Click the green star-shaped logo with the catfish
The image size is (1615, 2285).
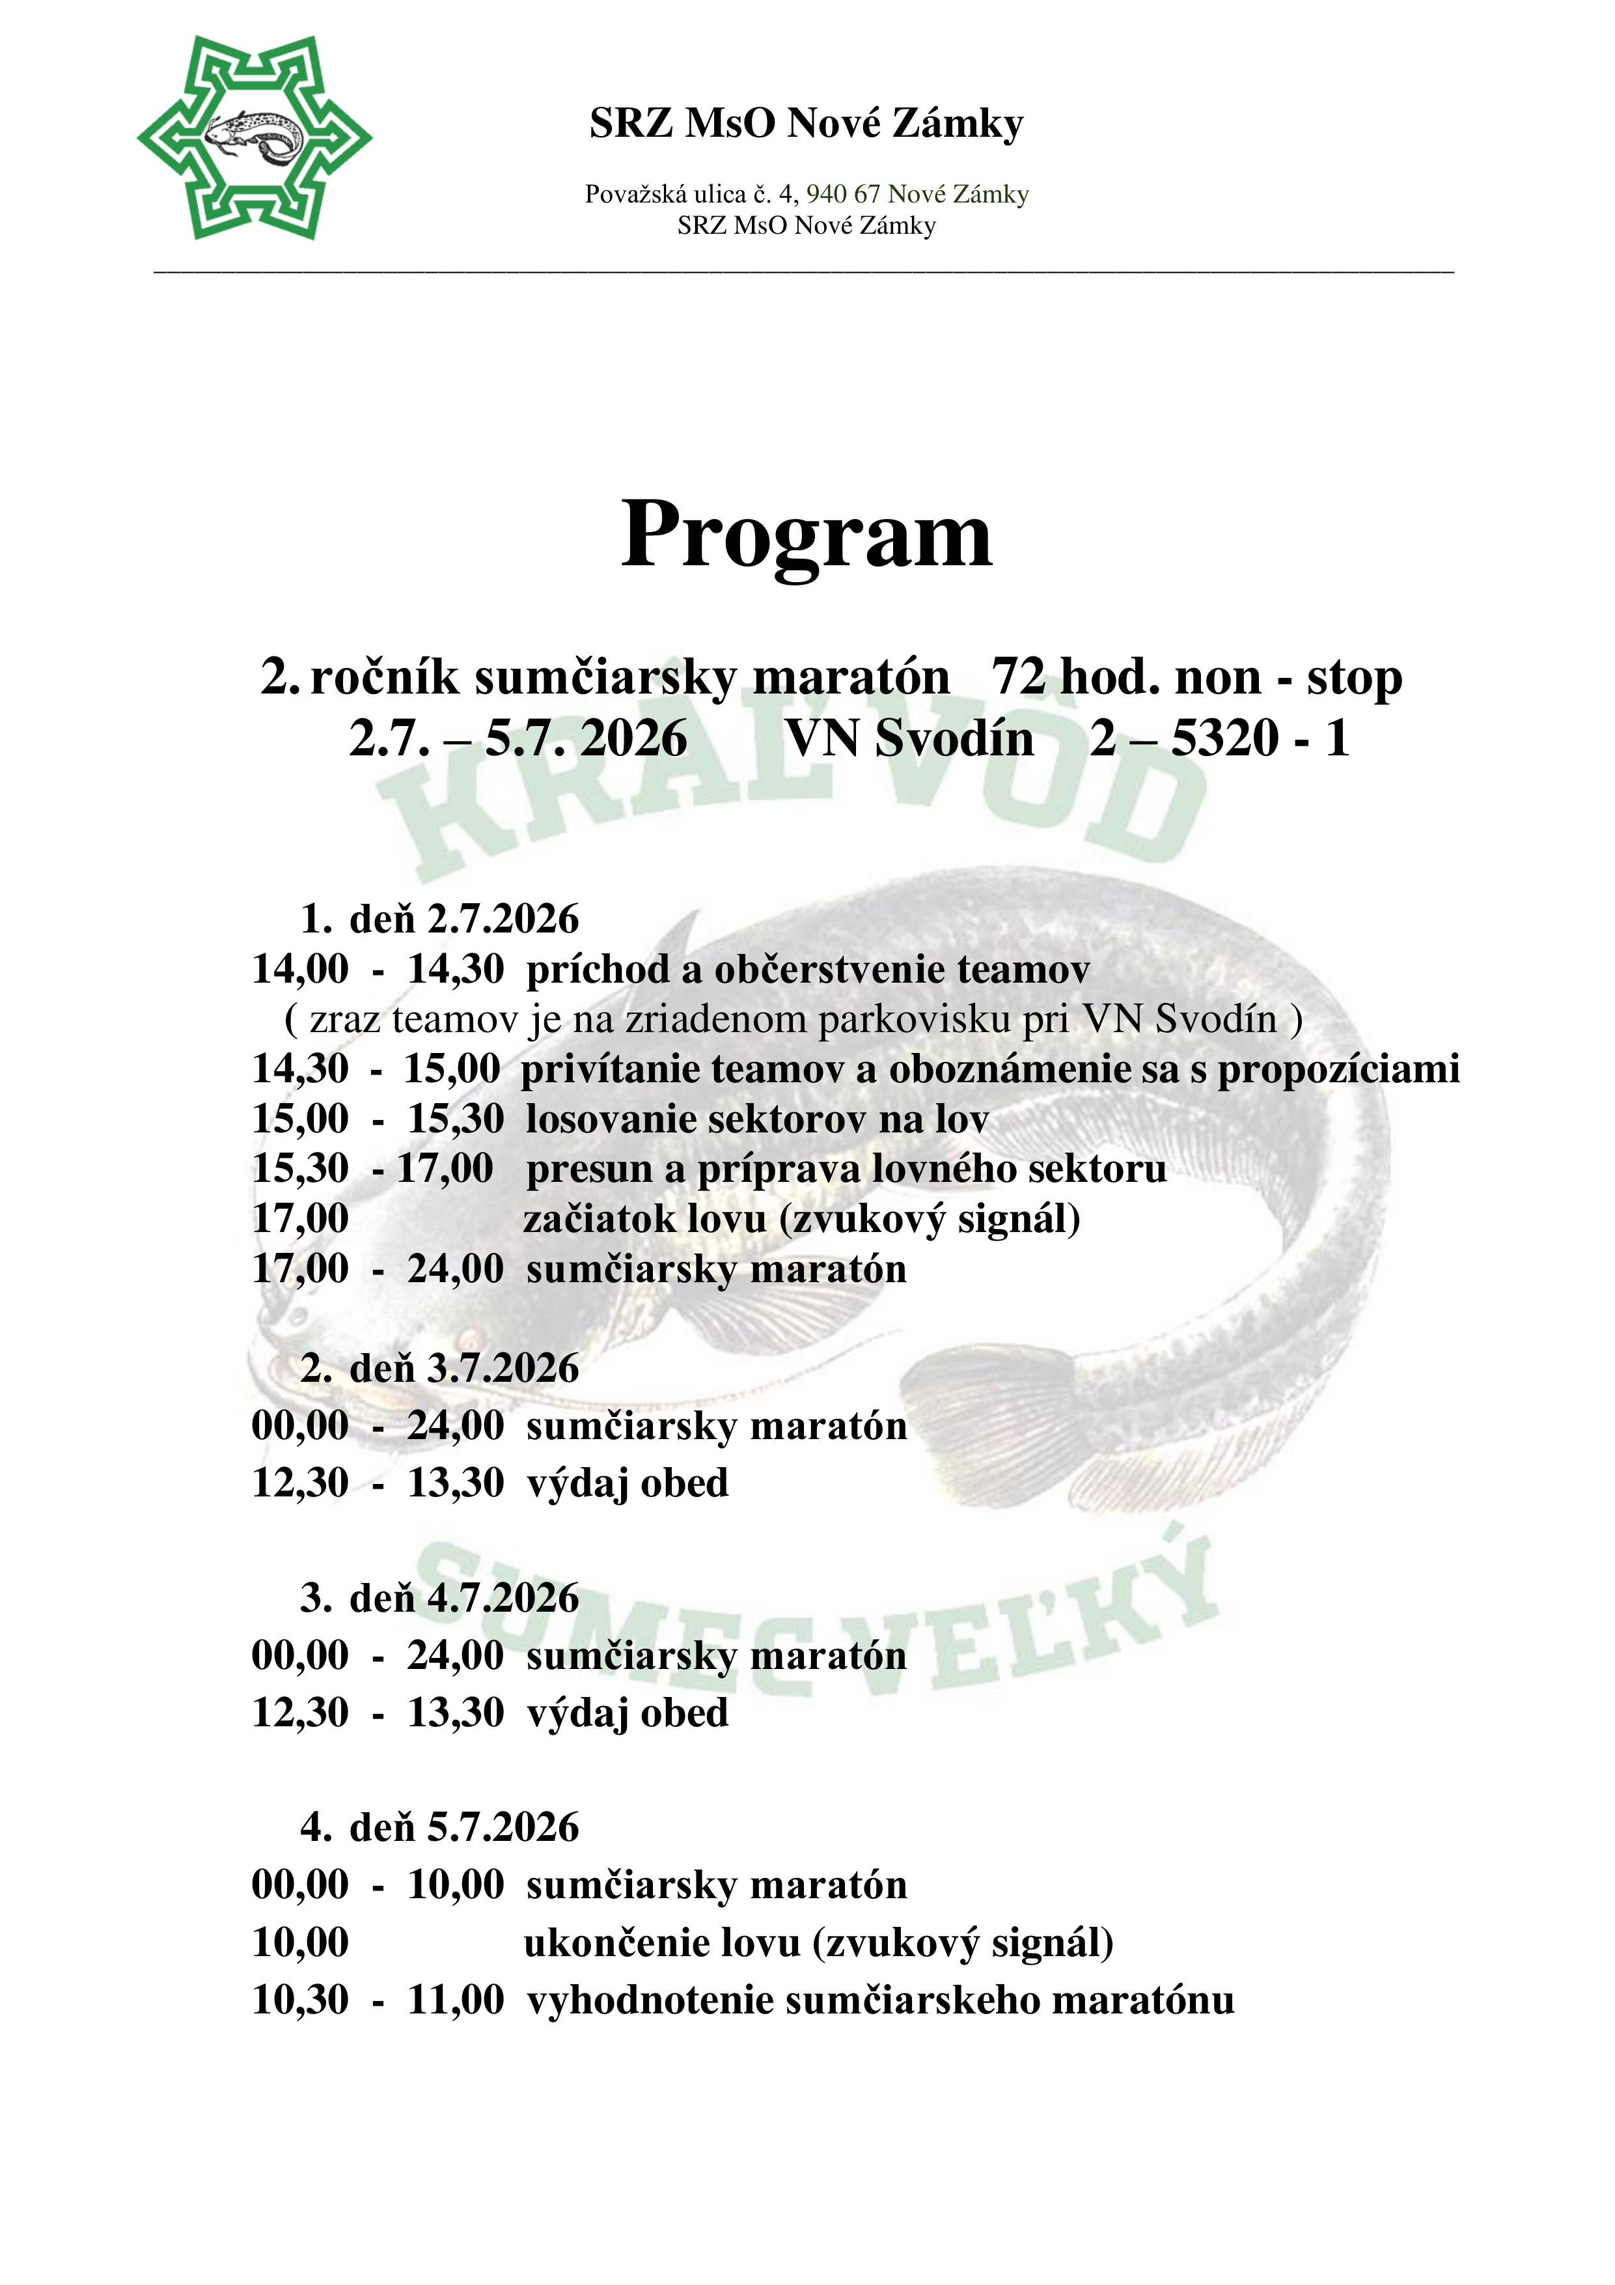(254, 137)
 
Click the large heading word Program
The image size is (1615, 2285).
(806, 535)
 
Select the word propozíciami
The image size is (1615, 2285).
(1338, 1069)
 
